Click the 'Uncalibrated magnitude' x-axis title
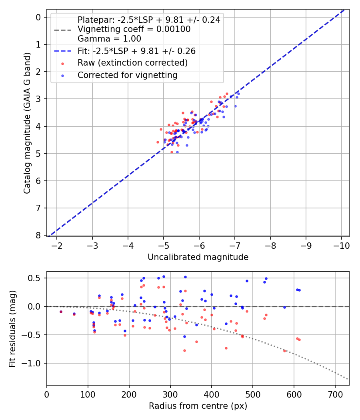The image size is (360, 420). tap(198, 257)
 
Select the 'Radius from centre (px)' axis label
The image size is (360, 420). tap(198, 406)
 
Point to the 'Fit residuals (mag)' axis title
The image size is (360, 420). tap(12, 328)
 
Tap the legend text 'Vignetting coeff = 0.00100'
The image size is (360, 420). tap(134, 29)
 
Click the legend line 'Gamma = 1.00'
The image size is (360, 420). tap(109, 39)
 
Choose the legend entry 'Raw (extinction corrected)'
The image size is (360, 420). tap(132, 63)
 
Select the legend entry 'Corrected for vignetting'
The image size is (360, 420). tap(127, 75)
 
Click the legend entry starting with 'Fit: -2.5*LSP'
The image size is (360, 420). tap(136, 51)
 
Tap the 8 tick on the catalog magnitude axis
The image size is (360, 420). tap(38, 235)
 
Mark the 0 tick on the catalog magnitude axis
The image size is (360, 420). tap(38, 17)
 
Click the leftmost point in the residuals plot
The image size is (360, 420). tap(61, 312)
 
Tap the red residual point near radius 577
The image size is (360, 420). tap(284, 350)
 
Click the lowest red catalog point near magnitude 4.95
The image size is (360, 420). tap(172, 152)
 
